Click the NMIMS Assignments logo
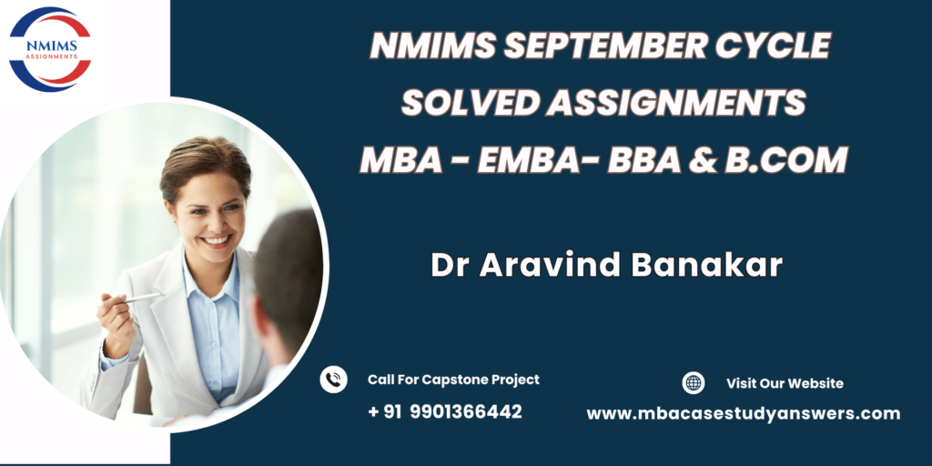tap(50, 49)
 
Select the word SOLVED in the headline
tap(469, 103)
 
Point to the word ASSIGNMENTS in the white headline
tap(676, 103)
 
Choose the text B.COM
tap(785, 160)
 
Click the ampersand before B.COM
tap(704, 160)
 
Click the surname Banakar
tap(706, 265)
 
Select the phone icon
tap(333, 380)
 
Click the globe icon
tap(693, 383)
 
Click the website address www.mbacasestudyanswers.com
tap(743, 414)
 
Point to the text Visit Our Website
tap(785, 383)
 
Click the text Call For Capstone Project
tap(453, 380)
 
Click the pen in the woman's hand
tap(138, 298)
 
